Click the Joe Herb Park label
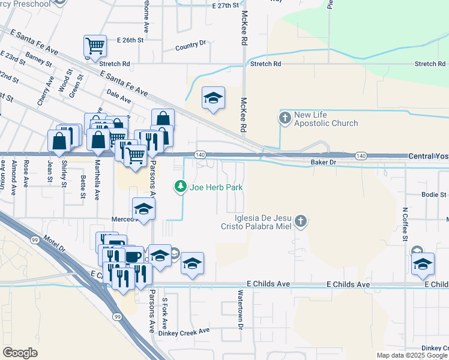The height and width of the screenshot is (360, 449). tap(216, 187)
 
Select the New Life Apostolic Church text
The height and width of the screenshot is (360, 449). tap(326, 119)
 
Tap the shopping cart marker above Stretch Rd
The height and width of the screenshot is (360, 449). tap(95, 46)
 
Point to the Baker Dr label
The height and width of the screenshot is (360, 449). tap(323, 163)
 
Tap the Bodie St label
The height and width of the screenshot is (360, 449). tap(433, 194)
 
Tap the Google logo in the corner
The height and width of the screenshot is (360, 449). tap(20, 353)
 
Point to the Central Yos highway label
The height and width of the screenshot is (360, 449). tap(428, 156)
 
